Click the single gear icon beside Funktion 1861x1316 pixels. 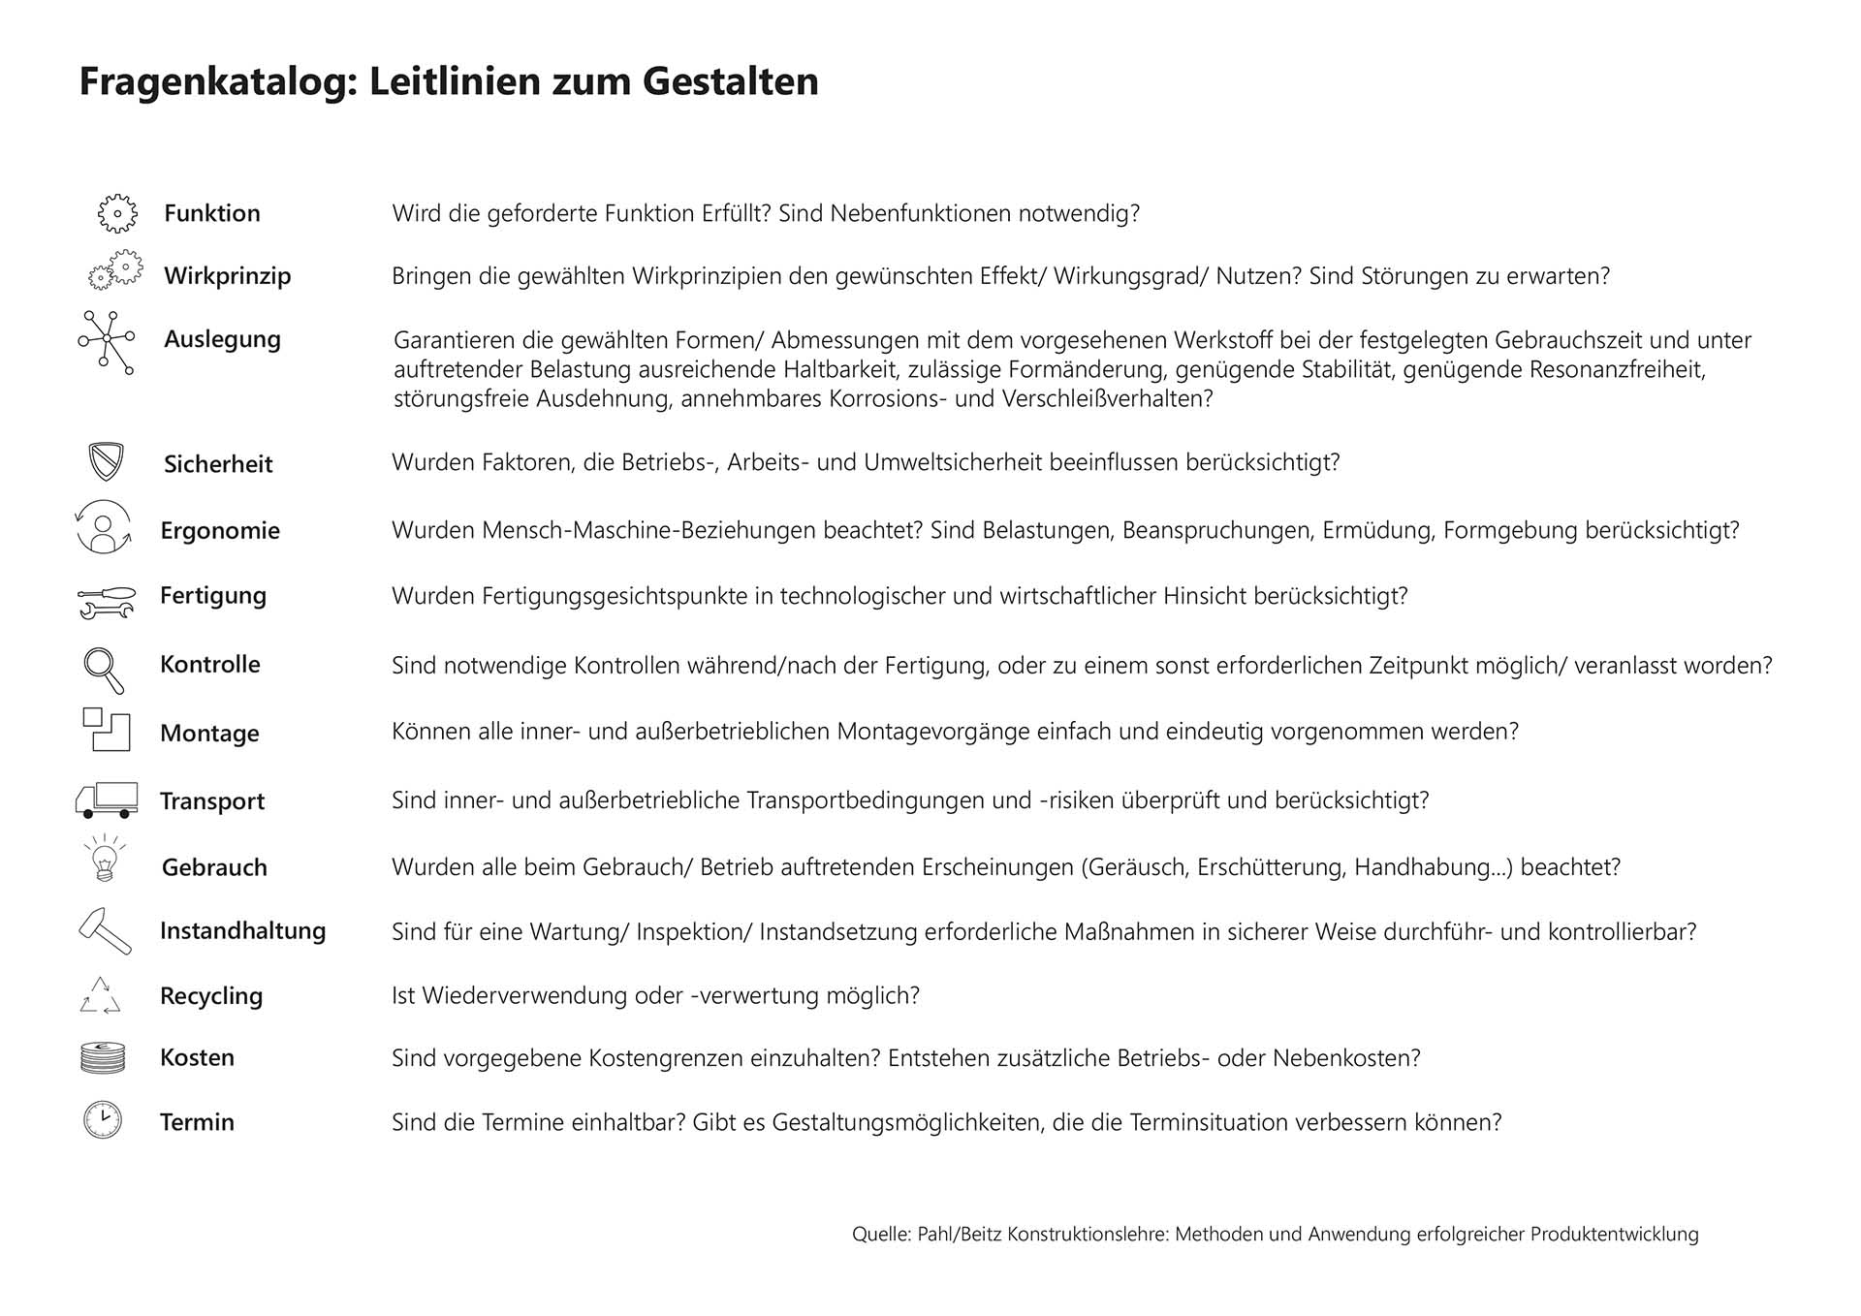117,213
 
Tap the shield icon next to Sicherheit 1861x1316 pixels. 106,462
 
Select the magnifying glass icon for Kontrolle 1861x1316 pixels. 103,670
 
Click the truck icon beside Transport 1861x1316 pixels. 107,799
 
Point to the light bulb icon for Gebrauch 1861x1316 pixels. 105,859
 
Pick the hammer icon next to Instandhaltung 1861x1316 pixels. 105,931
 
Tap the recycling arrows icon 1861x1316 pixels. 100,996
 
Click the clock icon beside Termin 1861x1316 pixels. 103,1120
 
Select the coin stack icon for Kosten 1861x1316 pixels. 103,1057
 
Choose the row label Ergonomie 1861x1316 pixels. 220,531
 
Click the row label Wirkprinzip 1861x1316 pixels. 227,276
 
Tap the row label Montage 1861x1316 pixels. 209,734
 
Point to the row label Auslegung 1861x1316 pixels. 222,340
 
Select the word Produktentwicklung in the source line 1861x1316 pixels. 1614,1235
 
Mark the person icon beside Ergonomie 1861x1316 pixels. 104,528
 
